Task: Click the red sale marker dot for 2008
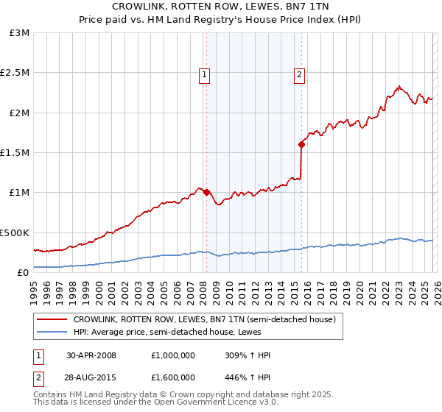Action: tap(206, 193)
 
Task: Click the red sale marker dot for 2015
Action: tap(301, 145)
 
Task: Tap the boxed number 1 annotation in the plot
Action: tap(203, 74)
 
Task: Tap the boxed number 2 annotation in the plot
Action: tap(300, 74)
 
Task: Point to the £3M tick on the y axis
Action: tap(20, 33)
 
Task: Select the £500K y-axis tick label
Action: tap(17, 232)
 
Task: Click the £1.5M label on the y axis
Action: tap(15, 153)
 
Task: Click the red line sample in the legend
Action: tap(53, 320)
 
